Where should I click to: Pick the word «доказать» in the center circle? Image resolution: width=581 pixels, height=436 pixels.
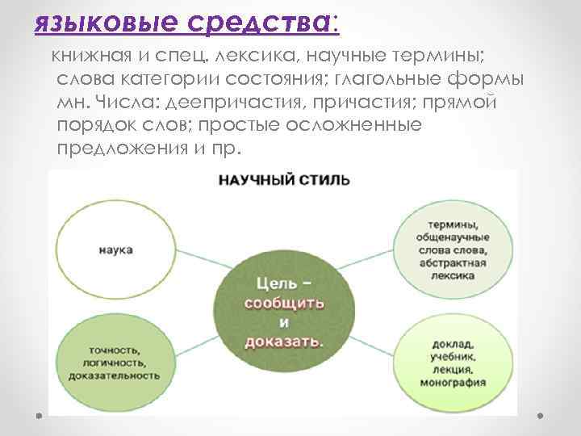285,341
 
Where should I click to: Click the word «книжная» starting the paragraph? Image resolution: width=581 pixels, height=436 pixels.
84,56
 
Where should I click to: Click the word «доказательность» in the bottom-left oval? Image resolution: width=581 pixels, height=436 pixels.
113,375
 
